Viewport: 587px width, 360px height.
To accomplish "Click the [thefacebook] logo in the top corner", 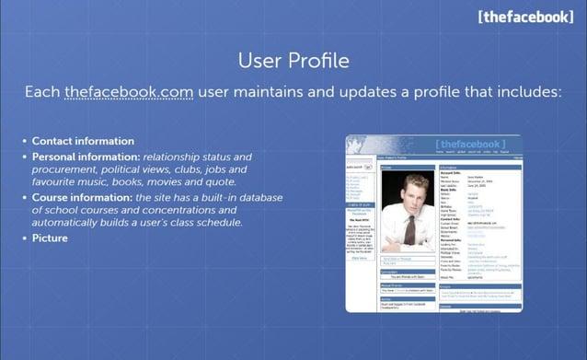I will pos(525,17).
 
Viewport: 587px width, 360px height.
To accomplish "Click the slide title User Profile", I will pos(293,62).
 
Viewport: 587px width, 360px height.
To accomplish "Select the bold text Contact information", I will pos(83,141).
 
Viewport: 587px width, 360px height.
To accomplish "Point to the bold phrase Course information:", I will pos(82,197).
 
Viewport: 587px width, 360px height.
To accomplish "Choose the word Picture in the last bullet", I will pos(50,238).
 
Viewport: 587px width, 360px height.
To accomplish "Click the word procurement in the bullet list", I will pos(63,169).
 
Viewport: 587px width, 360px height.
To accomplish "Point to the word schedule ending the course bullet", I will pos(218,223).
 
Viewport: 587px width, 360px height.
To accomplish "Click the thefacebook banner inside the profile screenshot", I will pos(470,145).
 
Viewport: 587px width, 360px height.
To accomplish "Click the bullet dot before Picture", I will pos(24,238).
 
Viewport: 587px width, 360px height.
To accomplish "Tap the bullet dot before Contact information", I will pos(24,142).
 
